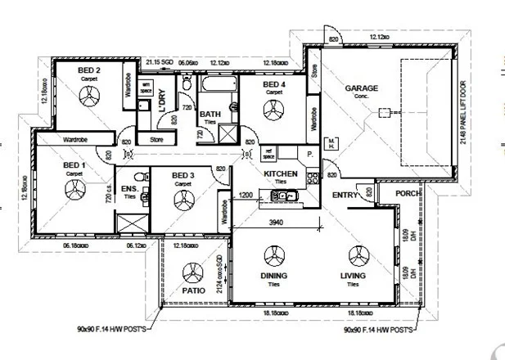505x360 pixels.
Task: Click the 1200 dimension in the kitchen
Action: [x=245, y=196]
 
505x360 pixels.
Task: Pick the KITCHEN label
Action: [x=280, y=174]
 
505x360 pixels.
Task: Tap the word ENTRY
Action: [x=345, y=195]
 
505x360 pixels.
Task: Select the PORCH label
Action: [x=407, y=194]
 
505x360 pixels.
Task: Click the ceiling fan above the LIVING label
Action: [x=354, y=254]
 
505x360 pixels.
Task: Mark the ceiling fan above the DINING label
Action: [x=273, y=254]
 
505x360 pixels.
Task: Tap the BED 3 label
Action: [x=183, y=175]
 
